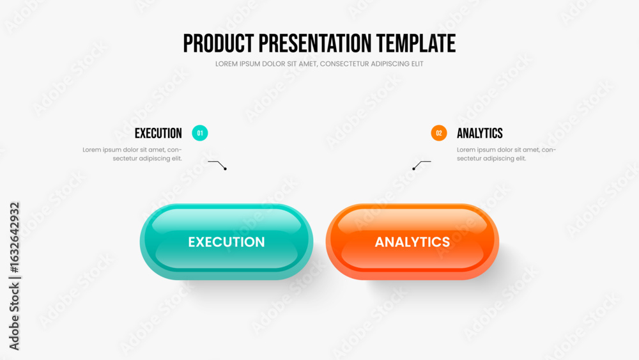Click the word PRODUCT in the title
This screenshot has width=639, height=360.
(x=219, y=43)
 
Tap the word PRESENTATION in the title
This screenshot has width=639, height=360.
(x=315, y=43)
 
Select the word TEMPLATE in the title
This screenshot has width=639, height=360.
(x=416, y=43)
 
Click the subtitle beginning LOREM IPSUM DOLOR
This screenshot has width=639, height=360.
(x=319, y=64)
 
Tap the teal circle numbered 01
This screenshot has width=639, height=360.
(x=199, y=133)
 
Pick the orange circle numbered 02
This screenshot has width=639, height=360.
(x=439, y=133)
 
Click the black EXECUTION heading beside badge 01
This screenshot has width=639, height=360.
(x=158, y=133)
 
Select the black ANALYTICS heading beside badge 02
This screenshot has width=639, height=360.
(x=480, y=133)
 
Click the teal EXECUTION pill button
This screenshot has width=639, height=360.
(x=227, y=242)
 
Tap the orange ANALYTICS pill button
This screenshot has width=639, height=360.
(x=412, y=242)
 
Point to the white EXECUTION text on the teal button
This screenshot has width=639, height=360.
(x=227, y=242)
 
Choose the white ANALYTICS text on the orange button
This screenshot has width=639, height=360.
(x=412, y=242)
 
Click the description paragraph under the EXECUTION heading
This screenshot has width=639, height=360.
(x=132, y=154)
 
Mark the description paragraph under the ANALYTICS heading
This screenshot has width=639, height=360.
(x=506, y=154)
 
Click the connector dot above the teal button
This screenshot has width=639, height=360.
(x=225, y=169)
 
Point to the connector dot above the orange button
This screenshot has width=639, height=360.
(x=413, y=169)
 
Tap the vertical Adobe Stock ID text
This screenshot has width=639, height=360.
(x=14, y=276)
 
